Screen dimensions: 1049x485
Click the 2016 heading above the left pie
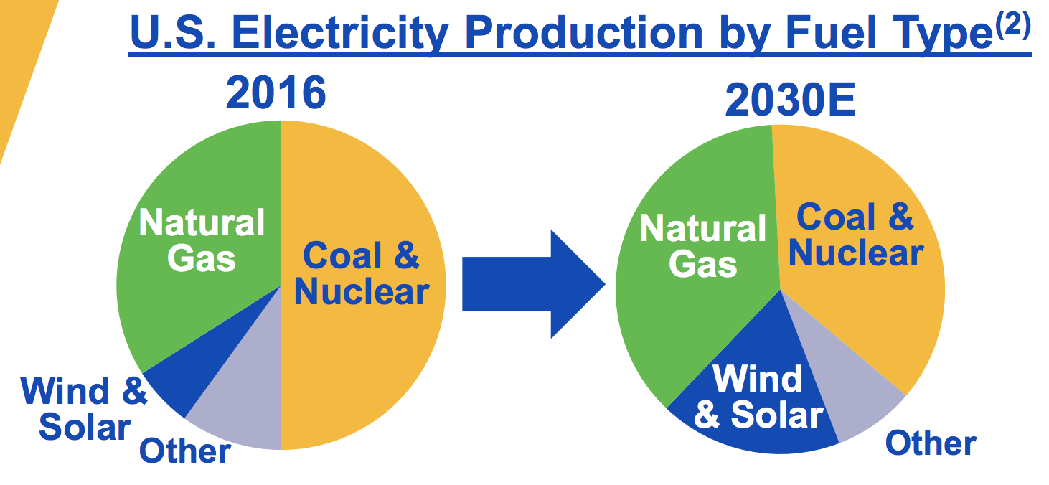point(276,93)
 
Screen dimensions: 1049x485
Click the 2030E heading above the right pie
point(791,100)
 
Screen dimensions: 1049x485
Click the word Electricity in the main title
point(340,33)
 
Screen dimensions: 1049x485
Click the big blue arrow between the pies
point(533,284)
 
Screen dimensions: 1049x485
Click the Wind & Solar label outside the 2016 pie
point(84,409)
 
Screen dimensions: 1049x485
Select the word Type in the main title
point(943,34)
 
